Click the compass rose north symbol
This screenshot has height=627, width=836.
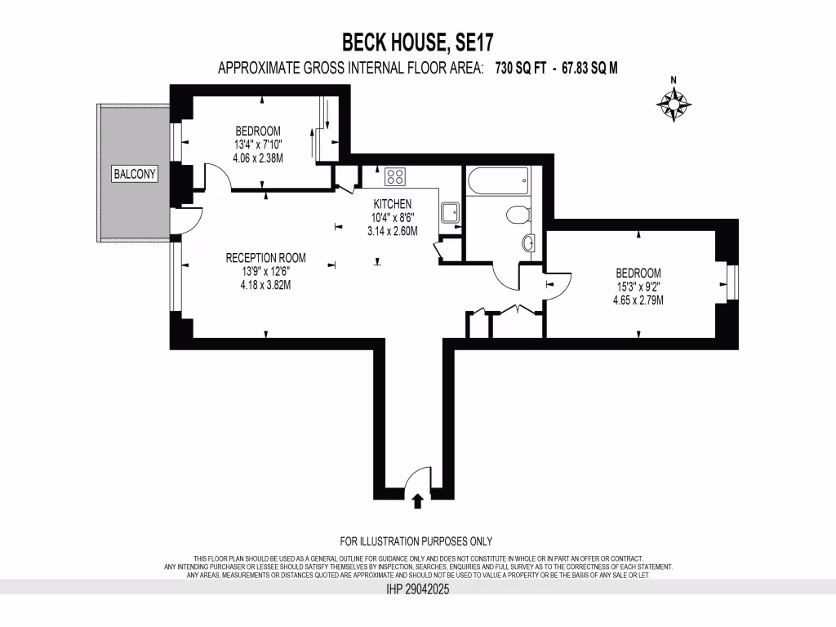point(674,102)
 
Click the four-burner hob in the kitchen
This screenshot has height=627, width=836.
point(396,176)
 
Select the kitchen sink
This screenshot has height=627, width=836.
point(450,213)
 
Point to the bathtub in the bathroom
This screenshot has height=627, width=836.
point(497,180)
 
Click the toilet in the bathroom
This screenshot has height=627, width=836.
point(518,215)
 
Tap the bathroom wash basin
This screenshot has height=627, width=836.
point(527,242)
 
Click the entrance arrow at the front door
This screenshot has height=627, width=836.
point(418,500)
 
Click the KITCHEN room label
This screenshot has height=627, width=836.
point(393,204)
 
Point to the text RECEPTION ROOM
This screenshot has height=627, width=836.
point(265,258)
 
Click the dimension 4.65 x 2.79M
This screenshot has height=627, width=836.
point(638,300)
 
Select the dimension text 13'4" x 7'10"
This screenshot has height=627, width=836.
point(258,145)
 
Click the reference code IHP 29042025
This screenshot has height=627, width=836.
point(418,589)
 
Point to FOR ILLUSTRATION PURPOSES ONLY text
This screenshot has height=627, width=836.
point(416,541)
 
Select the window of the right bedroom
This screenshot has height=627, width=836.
point(733,284)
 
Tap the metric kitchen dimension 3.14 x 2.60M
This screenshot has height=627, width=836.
point(393,231)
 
